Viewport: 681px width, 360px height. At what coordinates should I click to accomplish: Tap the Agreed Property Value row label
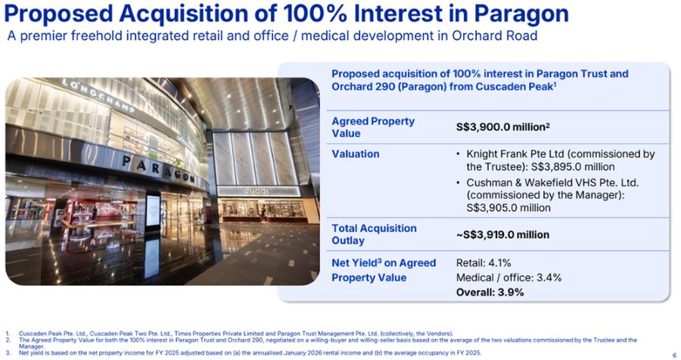click(372, 127)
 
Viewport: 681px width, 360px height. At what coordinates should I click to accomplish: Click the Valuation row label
click(355, 154)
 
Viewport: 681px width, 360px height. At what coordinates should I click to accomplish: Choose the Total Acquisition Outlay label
click(374, 234)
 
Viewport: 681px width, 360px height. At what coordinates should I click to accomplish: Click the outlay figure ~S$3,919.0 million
click(502, 234)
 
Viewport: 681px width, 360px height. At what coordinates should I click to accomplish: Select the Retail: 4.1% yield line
click(484, 262)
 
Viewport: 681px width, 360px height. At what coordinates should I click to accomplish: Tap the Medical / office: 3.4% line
click(508, 278)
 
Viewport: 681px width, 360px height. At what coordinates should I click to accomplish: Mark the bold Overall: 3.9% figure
click(490, 292)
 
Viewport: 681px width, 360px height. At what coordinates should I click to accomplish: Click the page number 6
click(673, 354)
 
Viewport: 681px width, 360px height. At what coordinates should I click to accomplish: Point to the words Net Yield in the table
click(357, 262)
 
